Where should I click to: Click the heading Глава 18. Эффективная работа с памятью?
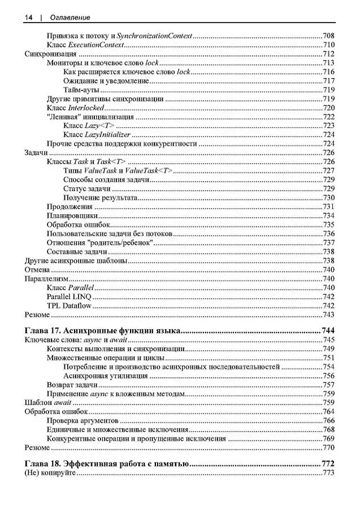pos(107,464)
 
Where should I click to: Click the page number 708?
pos(329,36)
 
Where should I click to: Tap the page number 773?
pos(329,473)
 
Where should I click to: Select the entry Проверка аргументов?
pos(83,421)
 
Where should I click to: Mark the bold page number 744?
pos(328,330)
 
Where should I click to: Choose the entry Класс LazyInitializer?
pos(97,135)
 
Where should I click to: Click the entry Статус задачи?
pos(87,188)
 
